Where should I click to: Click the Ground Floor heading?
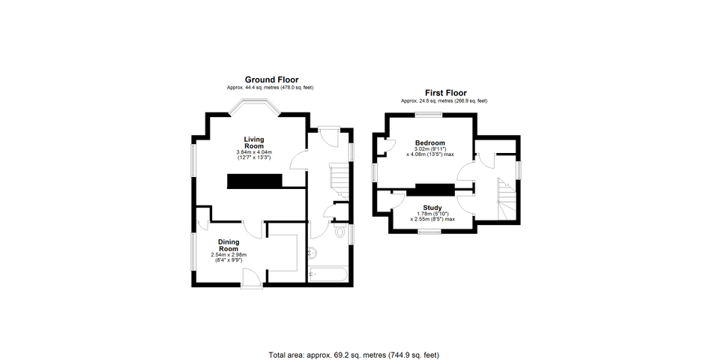click(x=271, y=80)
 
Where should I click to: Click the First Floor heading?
click(x=445, y=93)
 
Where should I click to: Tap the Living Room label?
click(x=254, y=142)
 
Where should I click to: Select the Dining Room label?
click(x=229, y=245)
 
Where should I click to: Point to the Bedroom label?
click(x=429, y=143)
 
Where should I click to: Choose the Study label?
click(x=432, y=208)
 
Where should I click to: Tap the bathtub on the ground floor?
click(x=328, y=274)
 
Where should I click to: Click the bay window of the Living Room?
click(x=254, y=107)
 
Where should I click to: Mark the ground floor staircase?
click(x=339, y=181)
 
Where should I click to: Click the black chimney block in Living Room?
click(x=254, y=181)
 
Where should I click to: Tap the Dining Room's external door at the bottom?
click(x=252, y=278)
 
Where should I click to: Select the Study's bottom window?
click(x=429, y=231)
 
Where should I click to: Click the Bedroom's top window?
click(x=429, y=115)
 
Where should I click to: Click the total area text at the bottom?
click(x=355, y=355)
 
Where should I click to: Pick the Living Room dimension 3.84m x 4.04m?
click(x=254, y=152)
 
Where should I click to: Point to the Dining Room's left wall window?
click(x=193, y=251)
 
